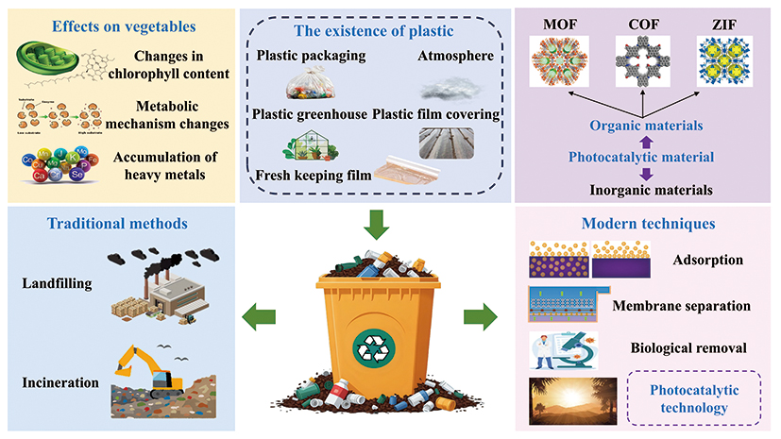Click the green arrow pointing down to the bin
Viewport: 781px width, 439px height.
pos(374,225)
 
